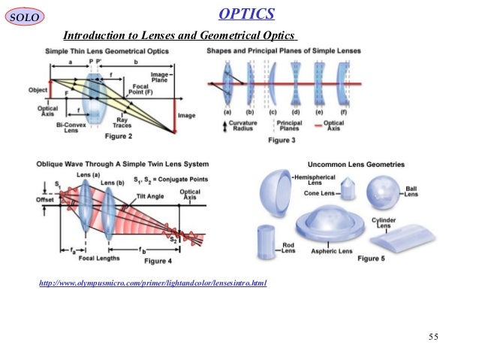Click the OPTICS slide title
click(246, 14)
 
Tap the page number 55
click(432, 336)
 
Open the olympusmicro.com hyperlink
click(153, 283)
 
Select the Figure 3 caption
click(283, 140)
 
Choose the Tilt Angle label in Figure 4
click(152, 195)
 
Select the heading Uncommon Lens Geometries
click(356, 163)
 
